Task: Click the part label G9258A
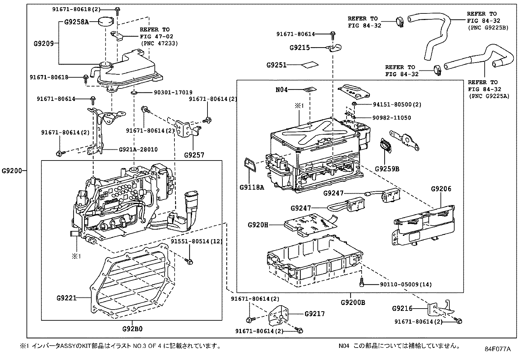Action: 77,22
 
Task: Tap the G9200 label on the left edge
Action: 12,171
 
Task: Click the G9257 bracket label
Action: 194,155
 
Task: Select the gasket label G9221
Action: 66,298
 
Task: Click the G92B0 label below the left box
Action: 133,329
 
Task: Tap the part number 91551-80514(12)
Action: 197,241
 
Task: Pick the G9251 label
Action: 276,65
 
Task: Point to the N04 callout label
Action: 281,89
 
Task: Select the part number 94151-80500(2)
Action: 397,104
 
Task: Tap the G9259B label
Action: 387,169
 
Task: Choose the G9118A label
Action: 252,187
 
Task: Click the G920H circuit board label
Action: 258,225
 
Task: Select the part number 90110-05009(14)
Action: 406,285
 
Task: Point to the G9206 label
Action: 441,189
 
